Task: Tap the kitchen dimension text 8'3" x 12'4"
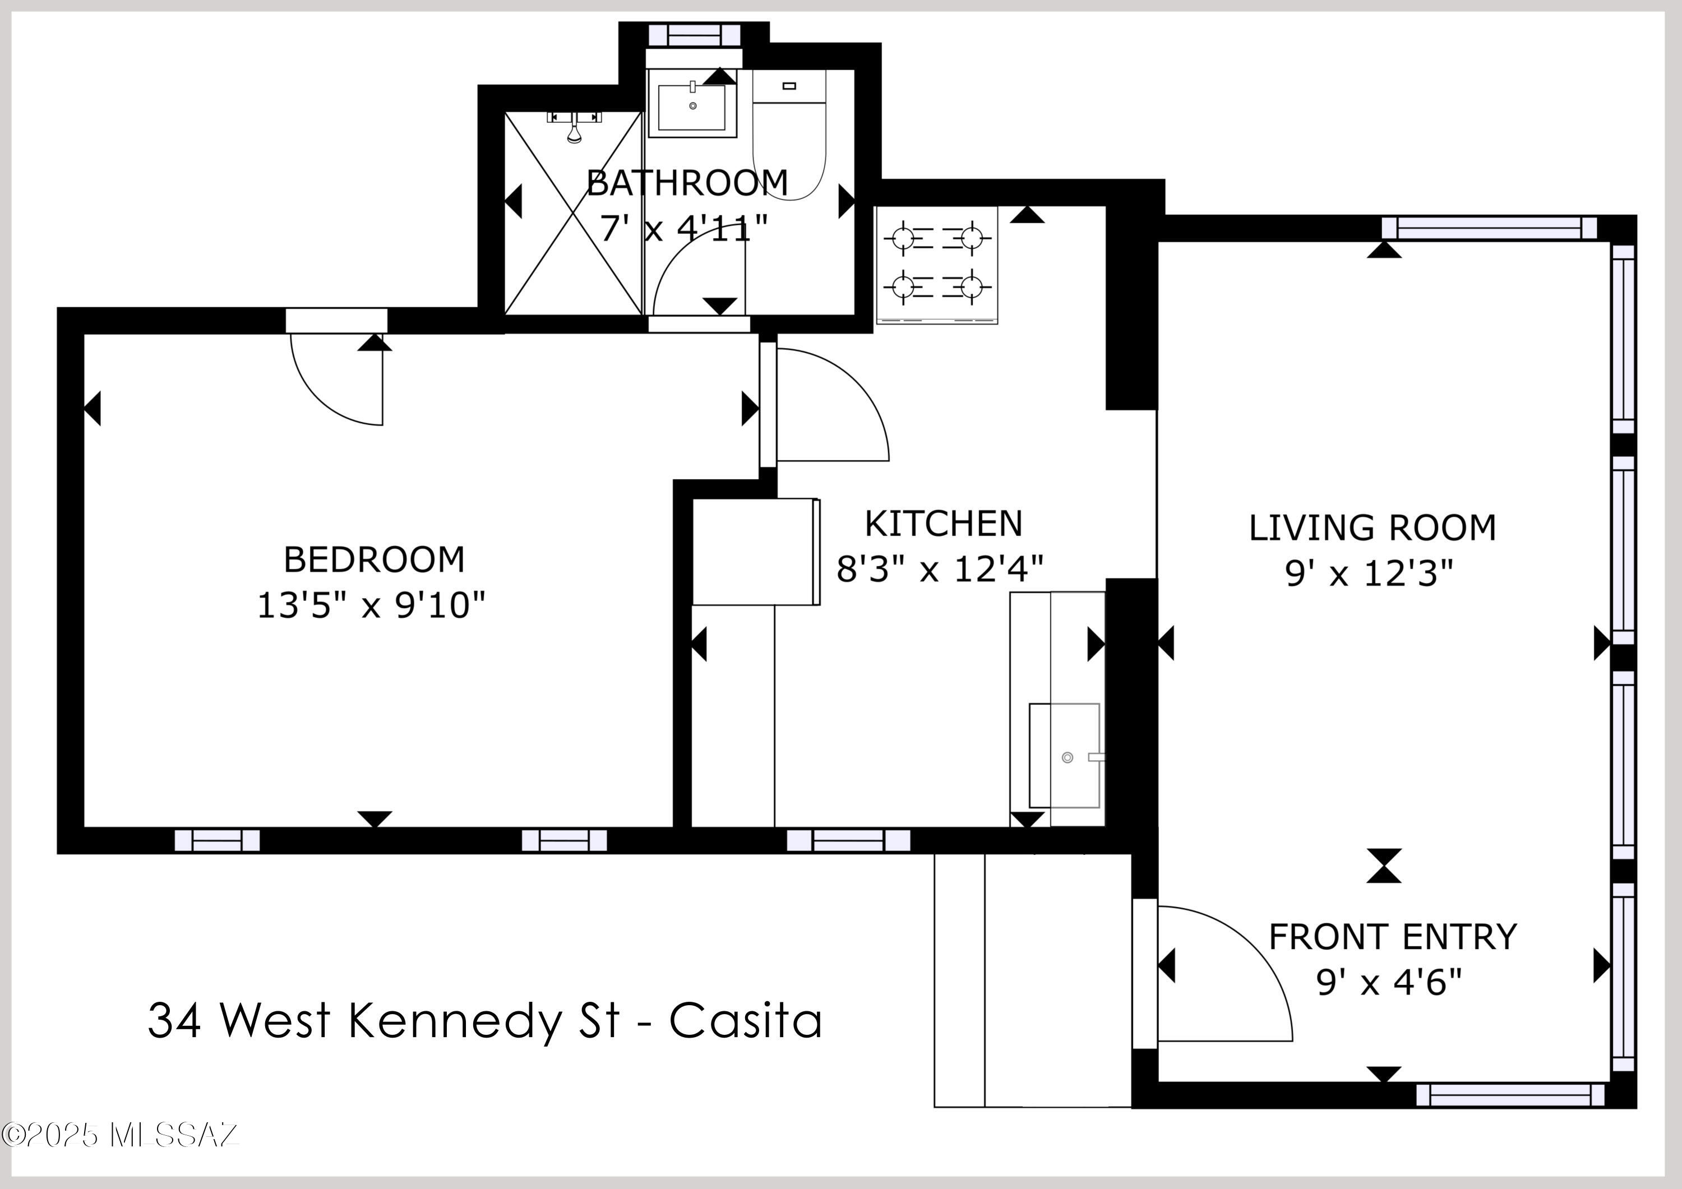pyautogui.click(x=939, y=568)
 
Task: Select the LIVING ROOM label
pyautogui.click(x=1371, y=528)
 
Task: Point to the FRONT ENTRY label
pyautogui.click(x=1392, y=937)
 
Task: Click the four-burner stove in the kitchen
pyautogui.click(x=936, y=263)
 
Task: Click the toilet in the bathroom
pyautogui.click(x=789, y=139)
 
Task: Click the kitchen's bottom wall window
pyautogui.click(x=848, y=840)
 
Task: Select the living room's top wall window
pyautogui.click(x=1489, y=228)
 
